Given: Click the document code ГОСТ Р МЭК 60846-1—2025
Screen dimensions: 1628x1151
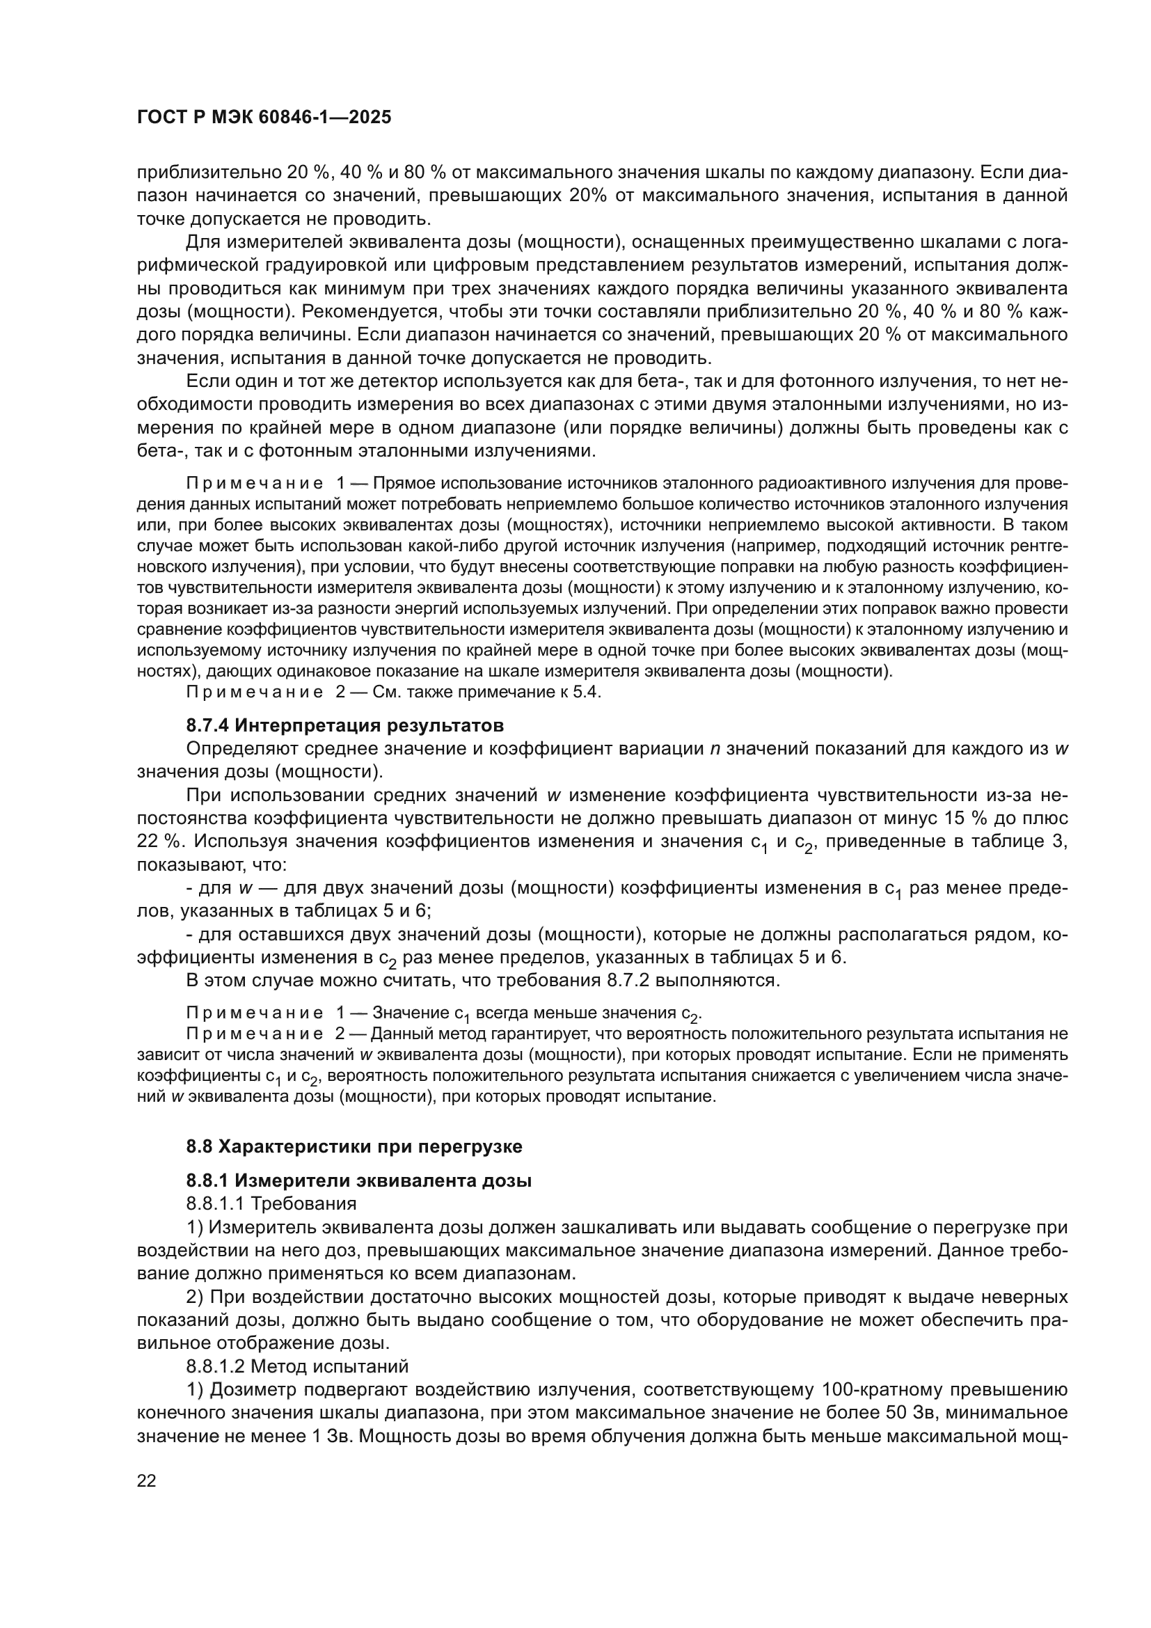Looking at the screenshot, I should coord(264,118).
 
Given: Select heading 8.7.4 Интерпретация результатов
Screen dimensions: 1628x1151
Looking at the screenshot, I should coord(345,725).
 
